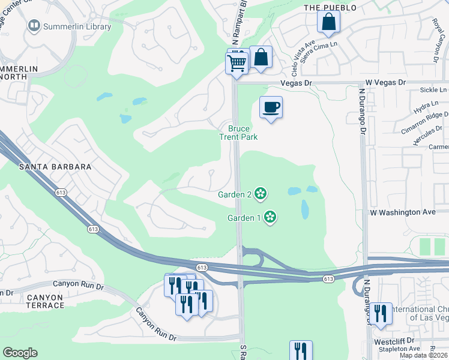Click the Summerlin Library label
(77, 26)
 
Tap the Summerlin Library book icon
(34, 26)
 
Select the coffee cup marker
(271, 107)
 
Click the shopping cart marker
(237, 62)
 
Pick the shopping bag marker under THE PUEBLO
(328, 22)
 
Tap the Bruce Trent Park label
(243, 133)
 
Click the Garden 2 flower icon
(260, 193)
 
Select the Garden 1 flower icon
(270, 217)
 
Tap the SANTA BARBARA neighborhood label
(55, 167)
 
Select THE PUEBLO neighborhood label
(330, 8)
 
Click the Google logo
(20, 353)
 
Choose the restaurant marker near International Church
(381, 314)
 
